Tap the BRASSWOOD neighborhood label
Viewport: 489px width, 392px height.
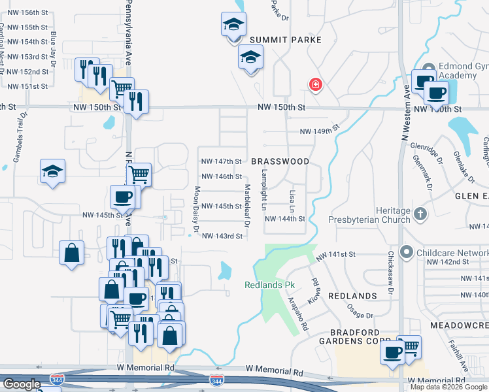click(x=280, y=161)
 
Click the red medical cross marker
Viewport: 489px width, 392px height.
click(x=316, y=84)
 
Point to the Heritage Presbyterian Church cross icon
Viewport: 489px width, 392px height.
click(x=420, y=213)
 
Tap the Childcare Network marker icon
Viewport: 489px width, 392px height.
click(x=407, y=252)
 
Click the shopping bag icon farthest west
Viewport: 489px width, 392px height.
click(x=71, y=253)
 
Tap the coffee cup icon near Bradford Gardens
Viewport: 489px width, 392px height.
click(x=393, y=353)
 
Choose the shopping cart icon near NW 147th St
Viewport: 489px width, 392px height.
click(x=139, y=174)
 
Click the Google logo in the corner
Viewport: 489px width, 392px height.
click(x=22, y=384)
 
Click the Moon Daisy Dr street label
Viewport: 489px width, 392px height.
click(x=195, y=209)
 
